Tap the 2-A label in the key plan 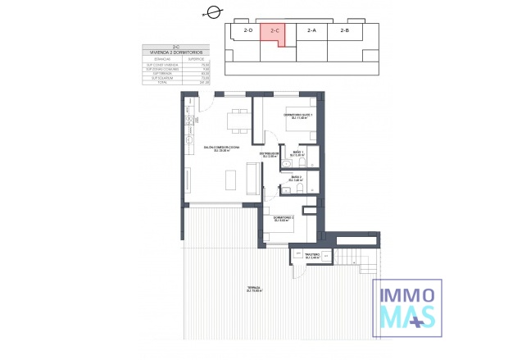[x=311, y=31]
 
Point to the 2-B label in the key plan [x=345, y=31]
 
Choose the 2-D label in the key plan [x=247, y=31]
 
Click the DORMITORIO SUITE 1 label [x=299, y=116]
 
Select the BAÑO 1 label [x=298, y=153]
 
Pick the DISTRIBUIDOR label [x=271, y=154]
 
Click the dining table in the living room [x=238, y=121]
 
